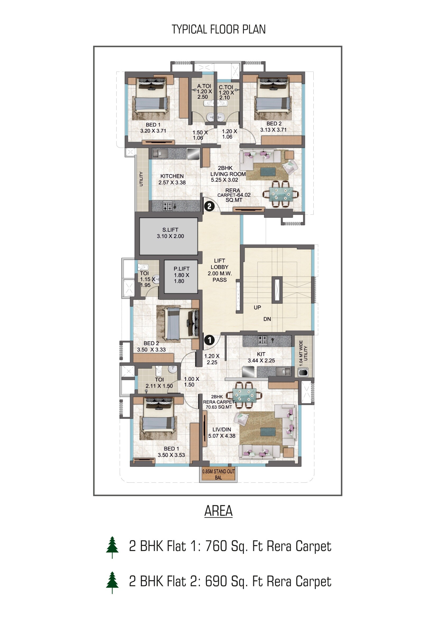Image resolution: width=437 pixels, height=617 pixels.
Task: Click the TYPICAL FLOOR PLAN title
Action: click(218, 29)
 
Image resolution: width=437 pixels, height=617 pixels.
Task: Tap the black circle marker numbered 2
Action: click(209, 206)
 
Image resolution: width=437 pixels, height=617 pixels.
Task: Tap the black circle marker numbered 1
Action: click(209, 340)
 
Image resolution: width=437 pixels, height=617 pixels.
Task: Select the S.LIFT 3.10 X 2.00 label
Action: click(170, 233)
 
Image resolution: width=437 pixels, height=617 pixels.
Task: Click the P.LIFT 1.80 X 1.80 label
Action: click(181, 275)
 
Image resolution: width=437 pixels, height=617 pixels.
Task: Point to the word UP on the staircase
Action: click(257, 307)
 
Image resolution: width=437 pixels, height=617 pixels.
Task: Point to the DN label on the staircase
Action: click(267, 319)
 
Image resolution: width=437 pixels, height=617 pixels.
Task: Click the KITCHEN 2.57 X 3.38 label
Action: click(172, 179)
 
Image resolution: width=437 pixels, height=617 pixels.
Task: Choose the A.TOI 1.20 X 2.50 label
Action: click(204, 91)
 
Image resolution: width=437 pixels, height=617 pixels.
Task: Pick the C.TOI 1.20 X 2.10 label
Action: click(226, 92)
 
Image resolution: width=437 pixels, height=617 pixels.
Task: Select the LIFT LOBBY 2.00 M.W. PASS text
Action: click(220, 270)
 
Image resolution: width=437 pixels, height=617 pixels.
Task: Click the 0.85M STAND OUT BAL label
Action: click(218, 474)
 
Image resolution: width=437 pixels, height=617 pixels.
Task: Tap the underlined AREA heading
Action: click(218, 511)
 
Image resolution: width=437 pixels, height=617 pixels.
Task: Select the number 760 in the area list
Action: click(216, 546)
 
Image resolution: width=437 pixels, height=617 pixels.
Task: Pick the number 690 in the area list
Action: click(216, 581)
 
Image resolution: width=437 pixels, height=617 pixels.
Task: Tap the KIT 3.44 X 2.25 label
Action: click(261, 357)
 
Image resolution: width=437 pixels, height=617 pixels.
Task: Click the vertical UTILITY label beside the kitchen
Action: click(141, 179)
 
